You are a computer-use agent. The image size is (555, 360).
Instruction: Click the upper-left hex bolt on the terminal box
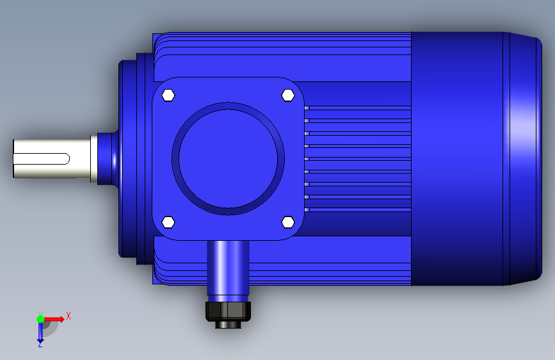point(168,95)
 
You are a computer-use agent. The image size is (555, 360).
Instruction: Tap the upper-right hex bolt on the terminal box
point(288,95)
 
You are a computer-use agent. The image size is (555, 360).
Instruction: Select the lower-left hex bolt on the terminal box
point(168,222)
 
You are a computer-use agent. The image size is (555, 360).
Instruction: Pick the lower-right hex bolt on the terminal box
point(288,222)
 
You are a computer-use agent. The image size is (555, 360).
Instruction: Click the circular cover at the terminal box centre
point(229,159)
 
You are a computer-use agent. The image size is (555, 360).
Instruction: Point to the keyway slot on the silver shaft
point(42,159)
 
